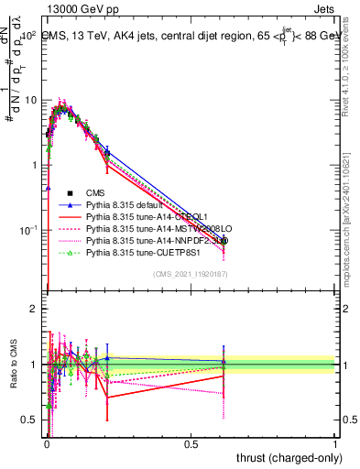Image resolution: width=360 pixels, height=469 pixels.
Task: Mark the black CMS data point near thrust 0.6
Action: [224, 241]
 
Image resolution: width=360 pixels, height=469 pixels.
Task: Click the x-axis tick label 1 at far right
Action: [334, 445]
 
